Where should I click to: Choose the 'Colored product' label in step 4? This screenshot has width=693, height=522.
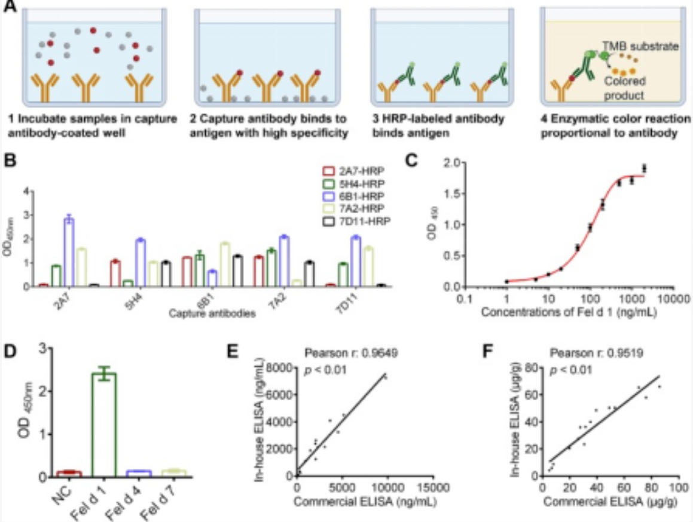625,90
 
